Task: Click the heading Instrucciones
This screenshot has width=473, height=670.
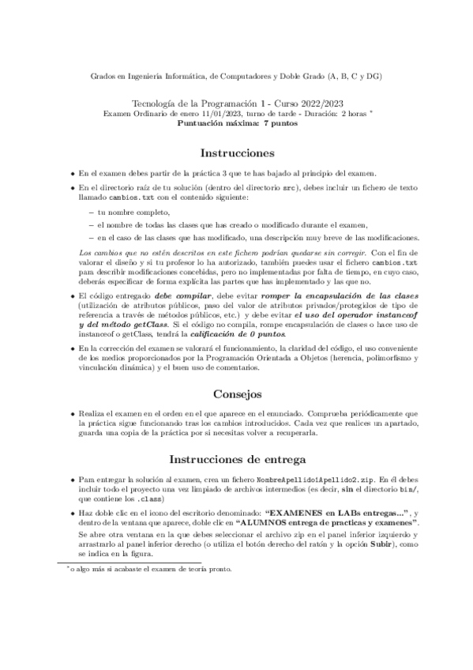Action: tap(237, 152)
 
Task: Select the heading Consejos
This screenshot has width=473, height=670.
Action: tap(237, 393)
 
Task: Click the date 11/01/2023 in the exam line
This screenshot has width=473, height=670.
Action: tap(206, 113)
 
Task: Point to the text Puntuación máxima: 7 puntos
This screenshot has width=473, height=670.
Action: tap(236, 122)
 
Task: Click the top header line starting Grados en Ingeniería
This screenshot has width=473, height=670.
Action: tap(236, 77)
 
